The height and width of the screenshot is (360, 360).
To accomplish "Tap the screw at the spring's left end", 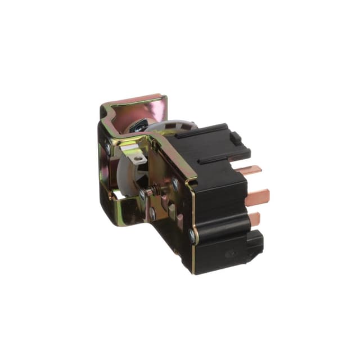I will [143, 195].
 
